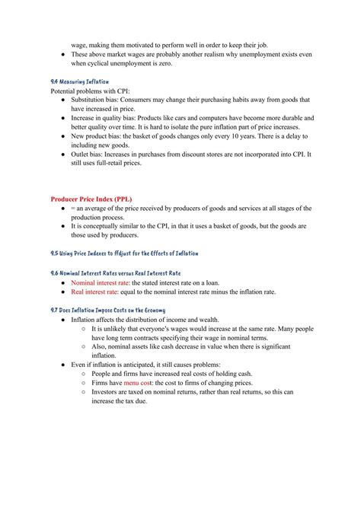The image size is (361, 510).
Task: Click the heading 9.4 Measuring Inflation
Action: click(79, 81)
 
